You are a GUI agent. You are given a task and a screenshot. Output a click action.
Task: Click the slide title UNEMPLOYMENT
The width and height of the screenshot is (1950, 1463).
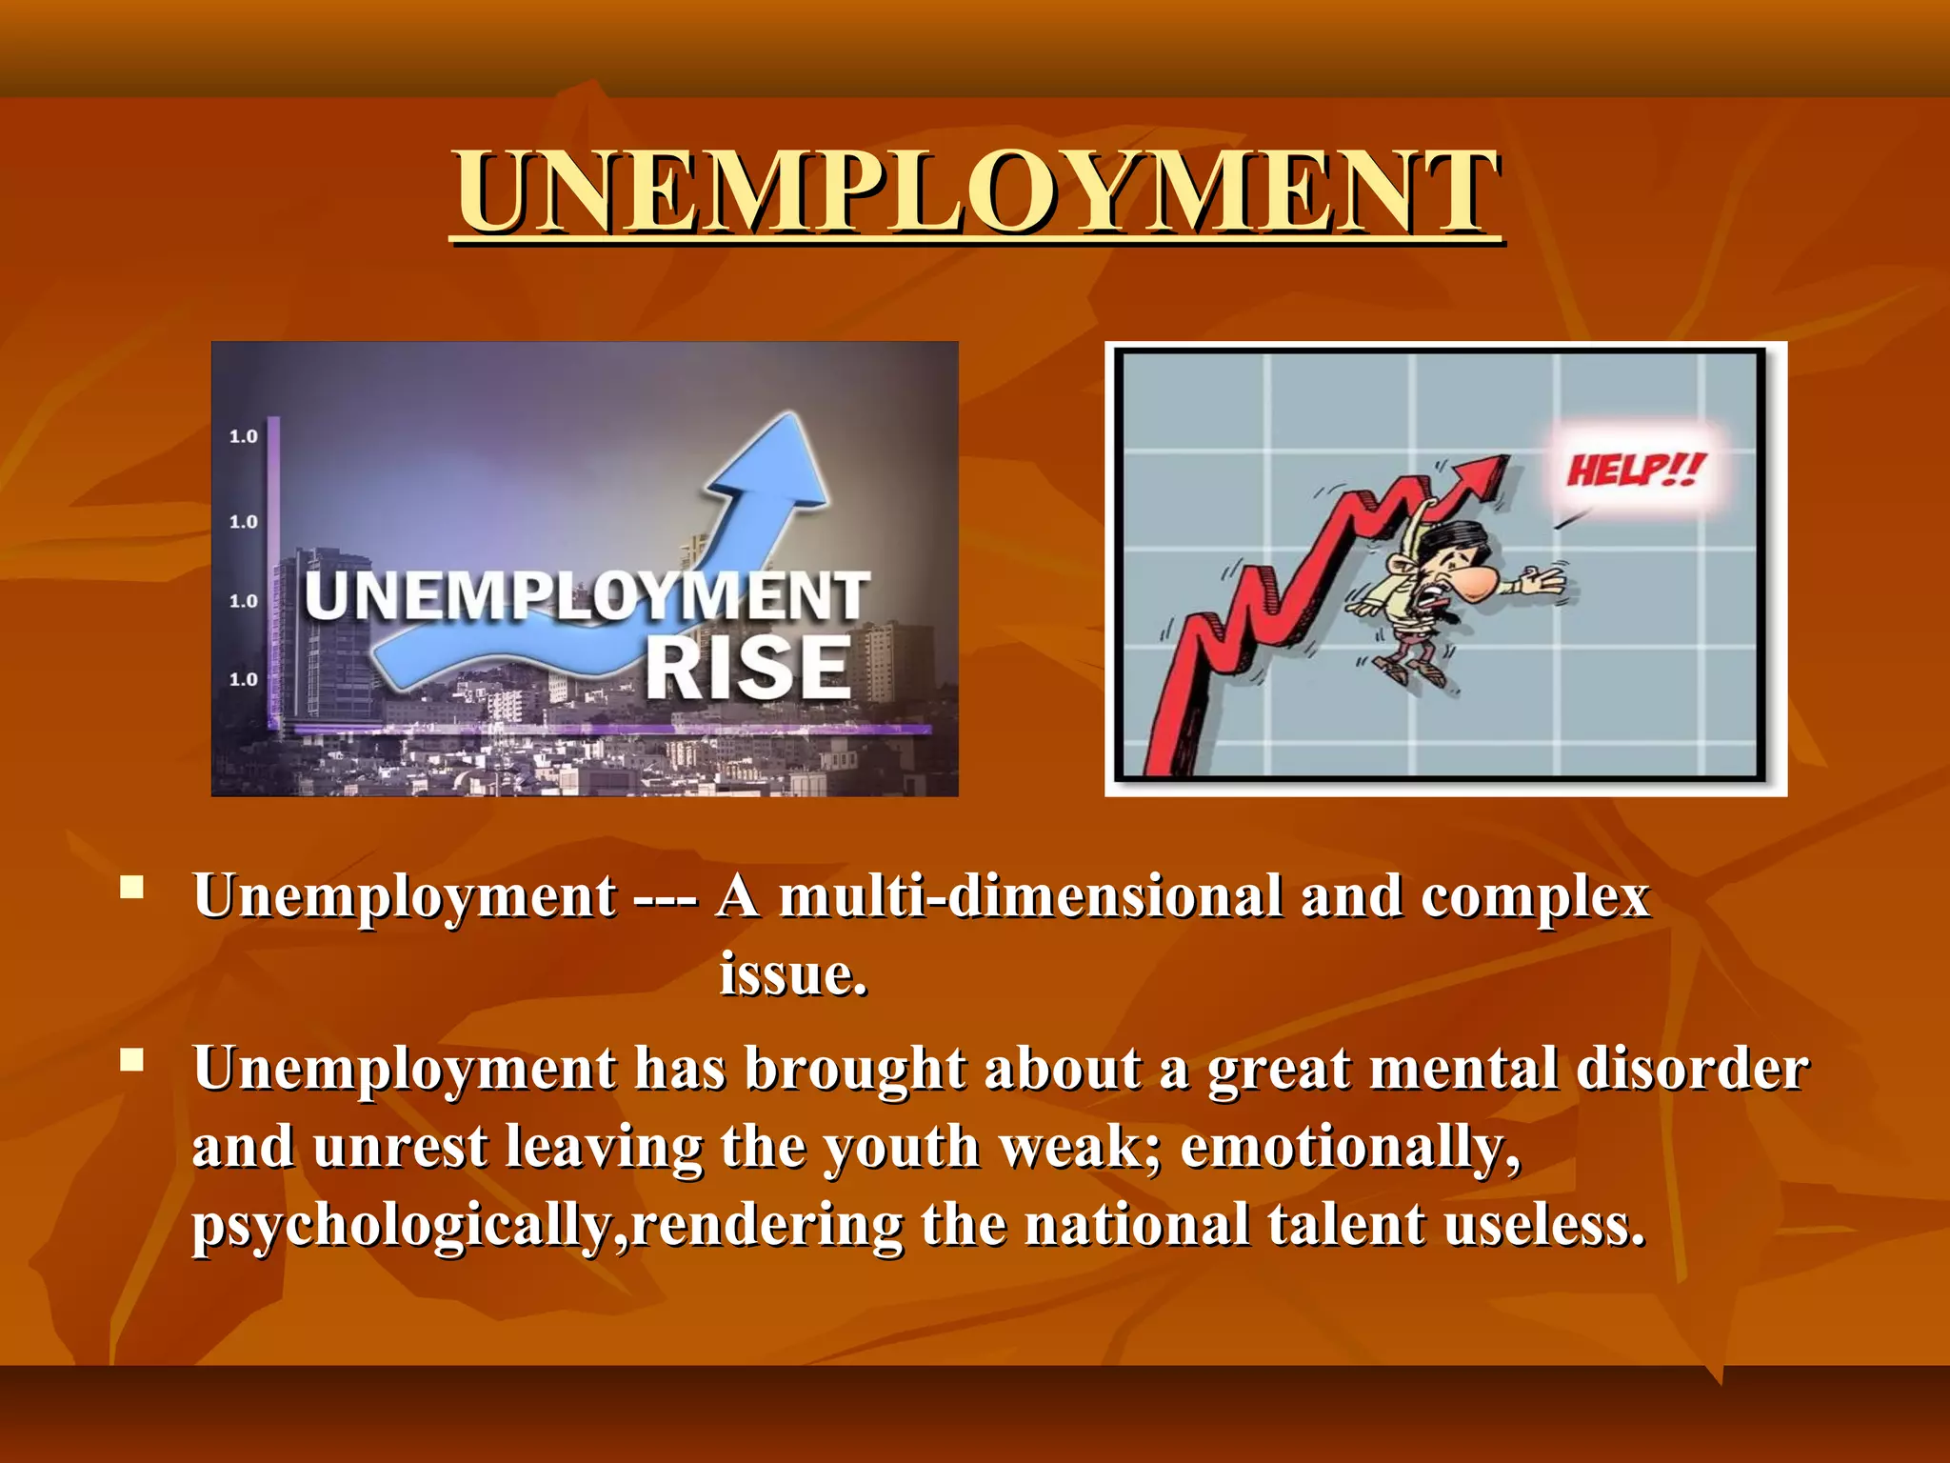(x=977, y=193)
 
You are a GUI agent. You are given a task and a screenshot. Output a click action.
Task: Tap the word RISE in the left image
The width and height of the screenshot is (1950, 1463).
(x=747, y=668)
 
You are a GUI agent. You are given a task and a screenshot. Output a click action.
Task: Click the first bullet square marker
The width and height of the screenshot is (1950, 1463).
(x=132, y=889)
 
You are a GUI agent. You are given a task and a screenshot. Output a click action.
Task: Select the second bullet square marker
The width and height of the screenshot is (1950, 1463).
(x=132, y=1060)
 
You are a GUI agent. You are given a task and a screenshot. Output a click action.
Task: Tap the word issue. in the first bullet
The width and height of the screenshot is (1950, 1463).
(x=793, y=974)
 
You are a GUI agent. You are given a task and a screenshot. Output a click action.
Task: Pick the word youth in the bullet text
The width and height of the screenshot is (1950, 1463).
(x=901, y=1147)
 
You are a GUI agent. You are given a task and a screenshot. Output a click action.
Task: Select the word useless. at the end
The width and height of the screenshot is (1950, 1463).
(x=1544, y=1225)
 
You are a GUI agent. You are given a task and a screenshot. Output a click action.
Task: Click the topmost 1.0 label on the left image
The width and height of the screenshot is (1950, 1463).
(x=244, y=436)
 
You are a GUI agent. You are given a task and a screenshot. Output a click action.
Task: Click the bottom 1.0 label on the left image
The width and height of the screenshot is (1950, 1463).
(x=244, y=679)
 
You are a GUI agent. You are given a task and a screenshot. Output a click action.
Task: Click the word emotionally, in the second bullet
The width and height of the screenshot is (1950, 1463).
(x=1350, y=1147)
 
